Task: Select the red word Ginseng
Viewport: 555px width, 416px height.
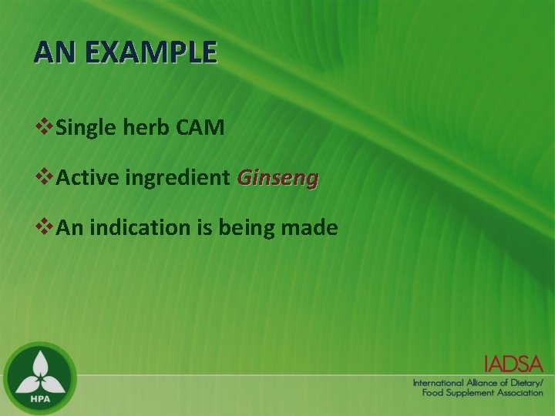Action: pos(277,179)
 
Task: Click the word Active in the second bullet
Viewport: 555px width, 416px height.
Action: pos(87,179)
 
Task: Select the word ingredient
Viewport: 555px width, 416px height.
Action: pos(177,179)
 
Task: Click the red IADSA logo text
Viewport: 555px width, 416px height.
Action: pos(513,364)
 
